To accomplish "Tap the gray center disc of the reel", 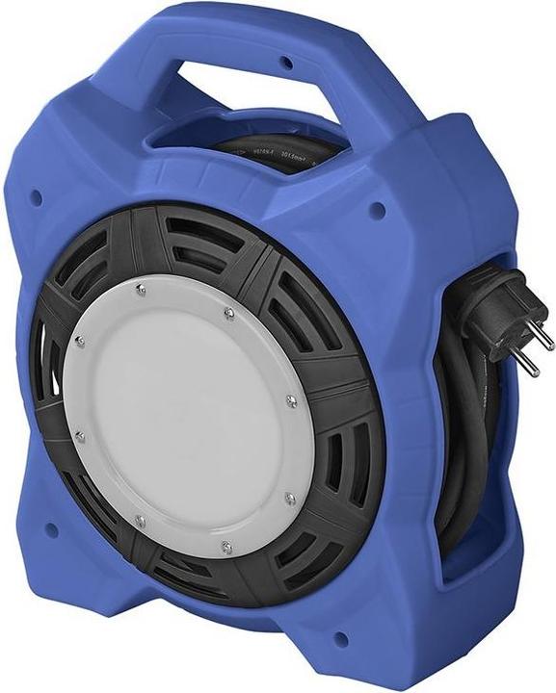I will pos(183,414).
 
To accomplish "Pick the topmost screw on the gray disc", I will pos(140,288).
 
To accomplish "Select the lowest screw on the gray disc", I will pos(226,548).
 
